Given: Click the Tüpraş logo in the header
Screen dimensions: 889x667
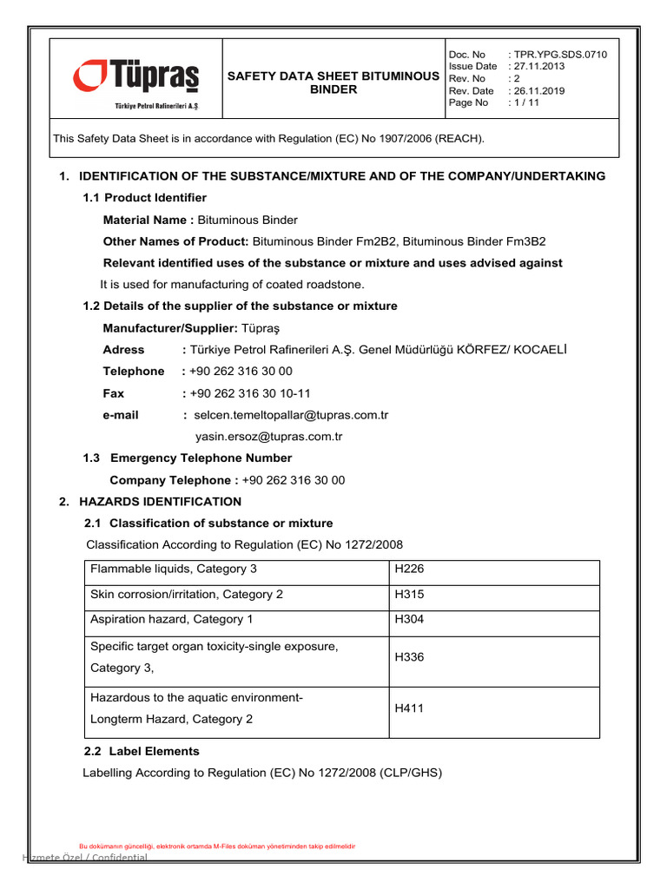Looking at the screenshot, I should coord(135,81).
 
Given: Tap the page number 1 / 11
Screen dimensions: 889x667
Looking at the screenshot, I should coord(526,103).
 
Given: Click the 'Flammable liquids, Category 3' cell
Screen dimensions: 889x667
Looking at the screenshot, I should coord(174,570).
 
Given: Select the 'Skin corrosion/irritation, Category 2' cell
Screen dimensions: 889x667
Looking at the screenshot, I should coord(187,595).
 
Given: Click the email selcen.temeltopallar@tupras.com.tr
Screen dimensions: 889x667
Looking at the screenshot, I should coord(291,415).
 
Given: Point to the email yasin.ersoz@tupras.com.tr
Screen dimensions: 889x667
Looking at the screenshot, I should coord(269,437).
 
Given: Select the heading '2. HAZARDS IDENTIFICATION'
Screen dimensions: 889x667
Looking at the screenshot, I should coord(160,502).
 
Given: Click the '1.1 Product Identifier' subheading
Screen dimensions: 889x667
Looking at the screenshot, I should coord(144,198).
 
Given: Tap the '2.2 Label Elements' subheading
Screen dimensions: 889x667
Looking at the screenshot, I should coord(141,751).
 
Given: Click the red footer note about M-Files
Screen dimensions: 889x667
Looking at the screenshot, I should coord(217,846).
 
